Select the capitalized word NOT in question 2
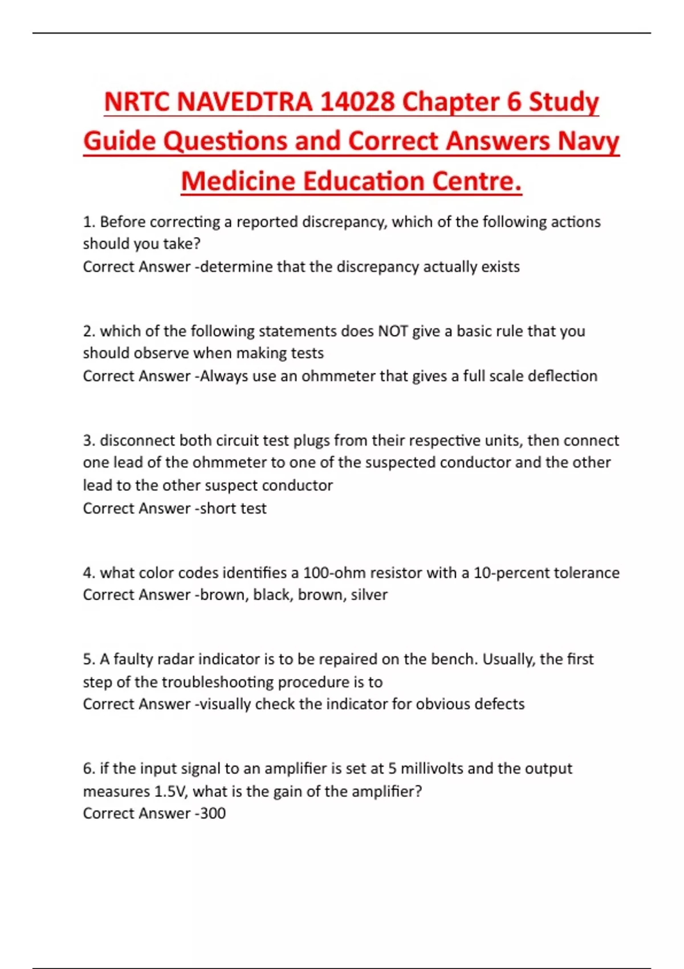[x=393, y=331]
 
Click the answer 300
[x=213, y=813]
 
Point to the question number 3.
[x=88, y=441]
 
